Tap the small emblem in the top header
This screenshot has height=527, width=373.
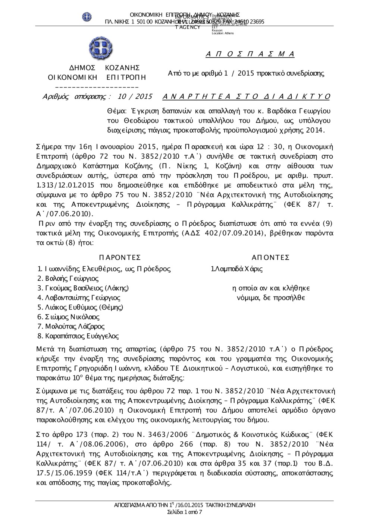tap(87, 17)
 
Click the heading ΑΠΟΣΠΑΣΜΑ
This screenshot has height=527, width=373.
tap(250, 54)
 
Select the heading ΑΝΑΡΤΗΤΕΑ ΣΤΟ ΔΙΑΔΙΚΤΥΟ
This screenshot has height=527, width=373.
tap(247, 97)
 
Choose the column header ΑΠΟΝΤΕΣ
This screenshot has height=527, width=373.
tap(271, 258)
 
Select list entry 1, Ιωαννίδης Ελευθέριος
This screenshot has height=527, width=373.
tap(104, 269)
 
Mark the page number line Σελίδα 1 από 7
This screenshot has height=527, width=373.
tap(185, 512)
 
